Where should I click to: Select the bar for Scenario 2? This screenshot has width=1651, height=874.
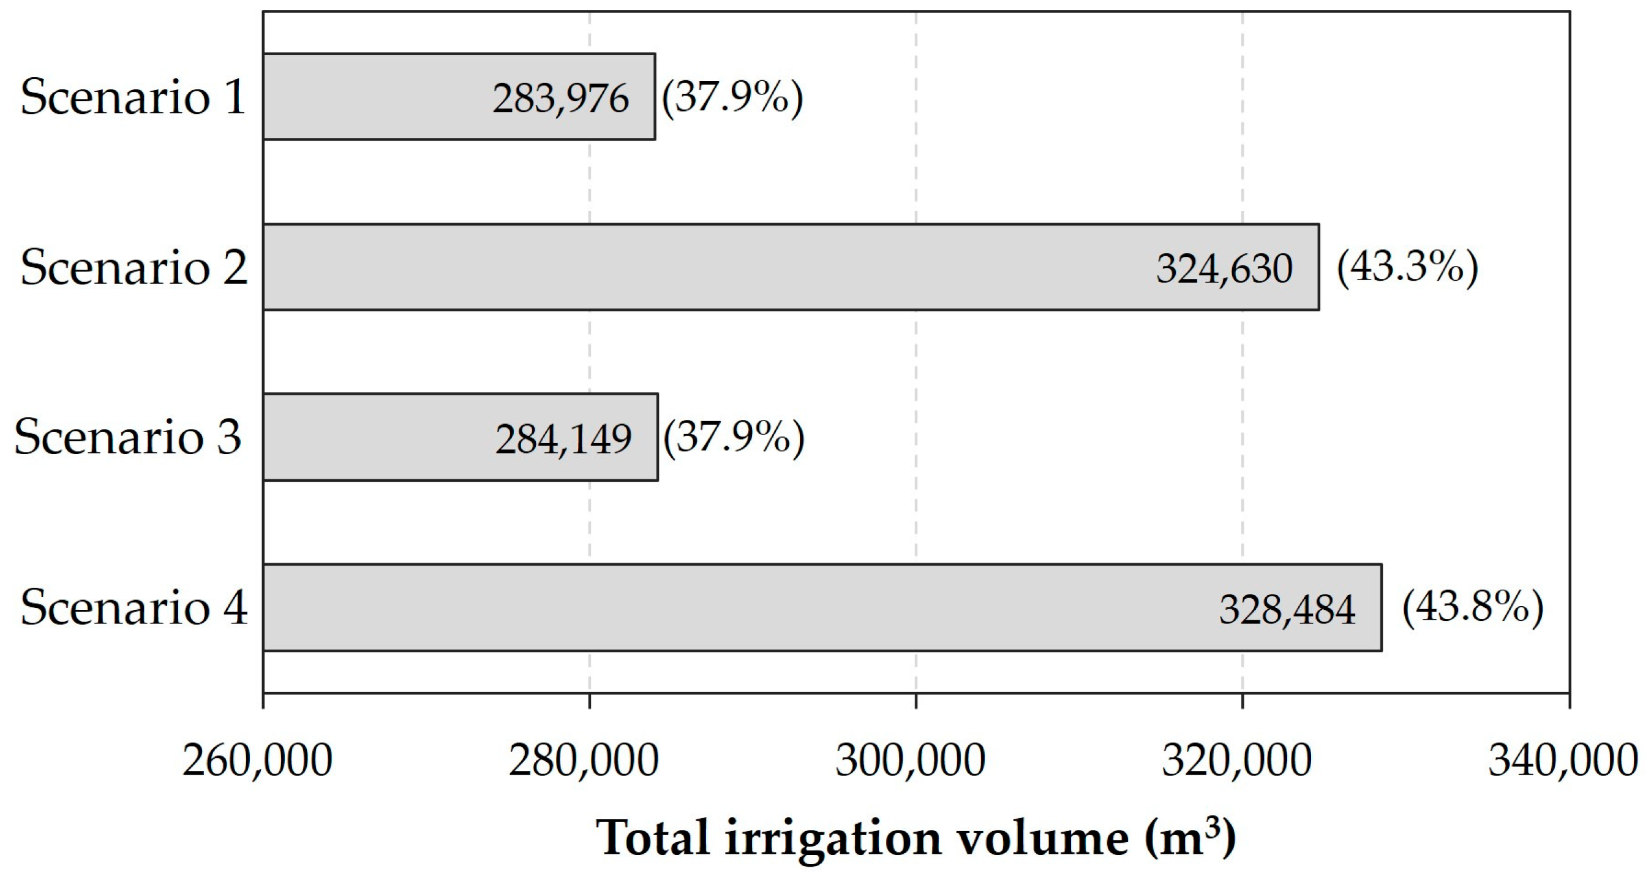705,267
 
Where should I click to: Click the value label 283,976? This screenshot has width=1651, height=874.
561,99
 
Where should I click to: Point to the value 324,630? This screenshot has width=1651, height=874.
1224,268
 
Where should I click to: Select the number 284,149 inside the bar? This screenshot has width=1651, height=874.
563,439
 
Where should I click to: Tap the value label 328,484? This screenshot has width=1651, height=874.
1287,609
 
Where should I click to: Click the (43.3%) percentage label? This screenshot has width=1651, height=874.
1407,267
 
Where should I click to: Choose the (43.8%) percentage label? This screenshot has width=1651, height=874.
1473,607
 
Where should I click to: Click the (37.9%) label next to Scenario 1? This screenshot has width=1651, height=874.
732,97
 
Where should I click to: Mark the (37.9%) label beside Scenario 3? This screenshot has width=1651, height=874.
734,438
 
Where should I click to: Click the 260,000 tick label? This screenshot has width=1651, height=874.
257,761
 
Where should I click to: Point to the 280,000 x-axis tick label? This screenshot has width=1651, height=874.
583,761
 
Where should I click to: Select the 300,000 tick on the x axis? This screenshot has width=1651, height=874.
910,761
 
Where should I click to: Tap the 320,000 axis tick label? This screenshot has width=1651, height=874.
1236,761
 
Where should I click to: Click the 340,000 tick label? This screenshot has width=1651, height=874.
1563,761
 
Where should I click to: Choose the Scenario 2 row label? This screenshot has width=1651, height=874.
134,267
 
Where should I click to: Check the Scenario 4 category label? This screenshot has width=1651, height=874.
134,608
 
